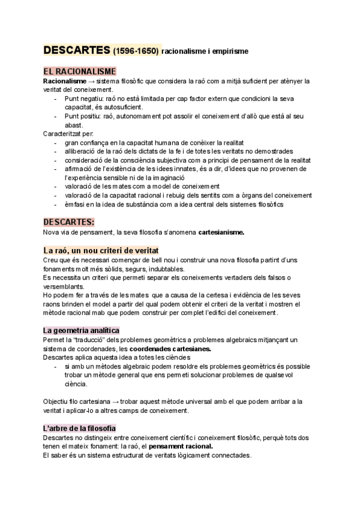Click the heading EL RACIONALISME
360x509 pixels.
(x=80, y=71)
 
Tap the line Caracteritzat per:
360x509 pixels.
(x=68, y=133)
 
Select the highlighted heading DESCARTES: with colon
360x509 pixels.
(x=69, y=221)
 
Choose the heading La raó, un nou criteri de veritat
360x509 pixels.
(x=101, y=250)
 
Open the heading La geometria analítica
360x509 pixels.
(x=81, y=330)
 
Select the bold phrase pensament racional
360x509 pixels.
(x=181, y=447)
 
